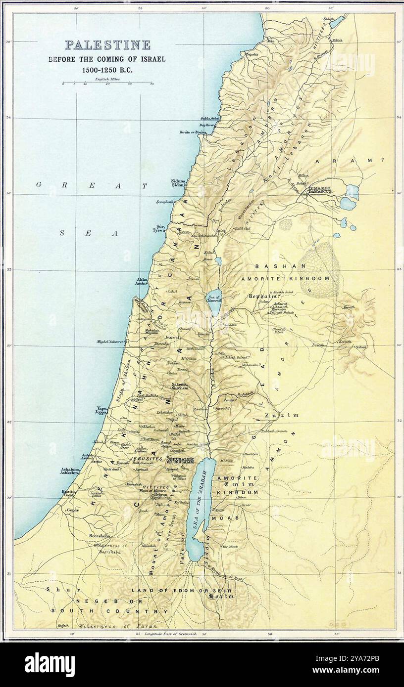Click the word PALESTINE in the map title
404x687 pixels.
[108, 45]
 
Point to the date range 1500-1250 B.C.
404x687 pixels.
[107, 70]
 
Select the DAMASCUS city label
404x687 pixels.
[324, 191]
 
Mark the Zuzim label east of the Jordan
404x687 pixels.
[282, 415]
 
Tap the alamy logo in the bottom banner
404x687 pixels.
[50, 664]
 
